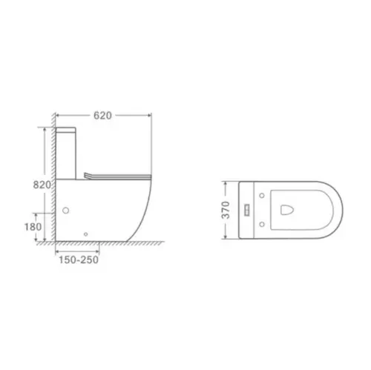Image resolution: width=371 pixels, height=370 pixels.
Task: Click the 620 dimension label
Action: (102, 116)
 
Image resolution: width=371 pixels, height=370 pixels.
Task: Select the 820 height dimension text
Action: (42, 185)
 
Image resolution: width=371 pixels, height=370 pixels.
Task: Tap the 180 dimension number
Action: (33, 227)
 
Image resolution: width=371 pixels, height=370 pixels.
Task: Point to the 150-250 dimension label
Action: (79, 260)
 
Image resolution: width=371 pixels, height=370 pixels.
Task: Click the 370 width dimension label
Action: (226, 210)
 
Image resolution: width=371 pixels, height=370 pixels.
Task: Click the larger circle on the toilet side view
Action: (65, 211)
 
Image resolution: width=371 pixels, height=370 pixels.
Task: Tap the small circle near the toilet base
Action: (85, 234)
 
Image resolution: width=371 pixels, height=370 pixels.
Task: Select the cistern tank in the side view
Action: (66, 153)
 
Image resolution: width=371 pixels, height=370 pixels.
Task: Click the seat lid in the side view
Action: (117, 176)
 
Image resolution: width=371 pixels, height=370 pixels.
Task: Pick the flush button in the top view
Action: (248, 210)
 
